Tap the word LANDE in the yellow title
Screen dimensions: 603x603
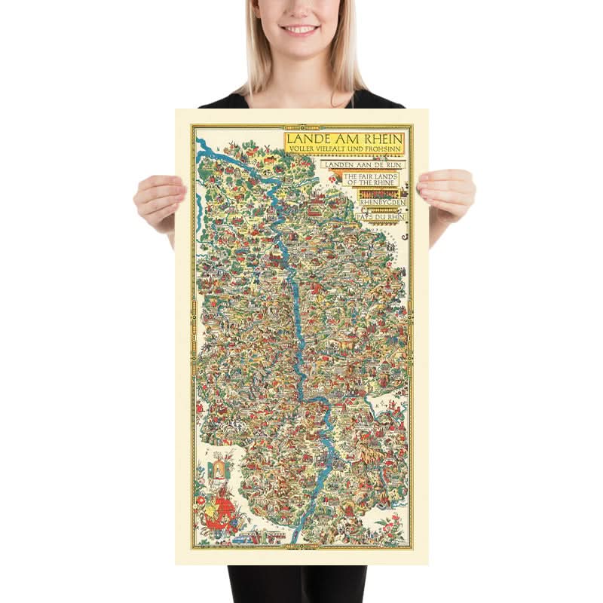pos(311,140)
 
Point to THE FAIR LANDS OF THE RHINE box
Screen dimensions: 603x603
pos(372,179)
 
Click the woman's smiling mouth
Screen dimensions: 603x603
pos(301,30)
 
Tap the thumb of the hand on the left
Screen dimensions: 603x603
pos(179,194)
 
